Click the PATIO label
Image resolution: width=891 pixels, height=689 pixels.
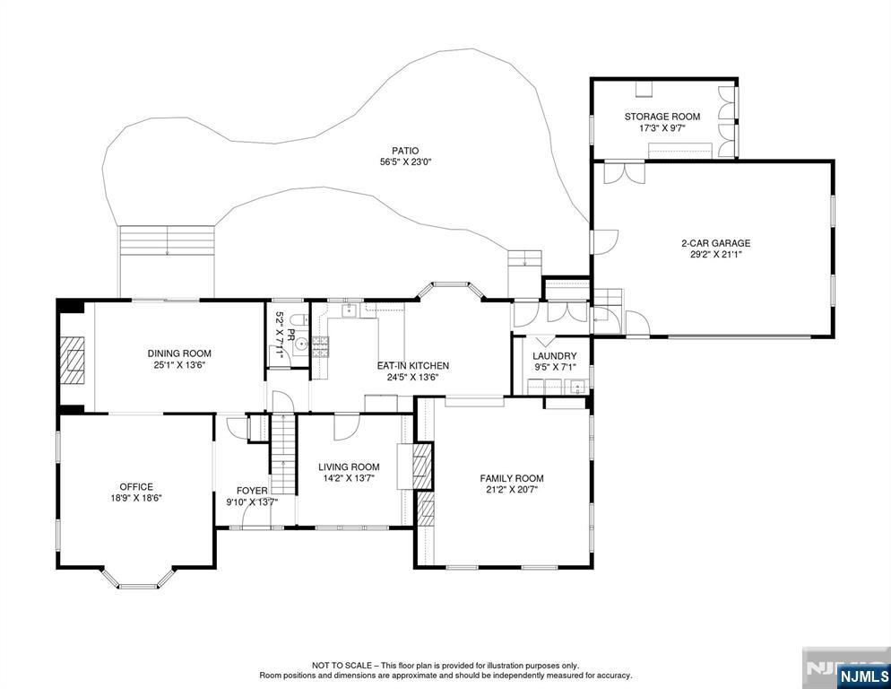[x=405, y=151]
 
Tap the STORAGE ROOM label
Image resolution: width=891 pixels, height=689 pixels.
[x=662, y=117]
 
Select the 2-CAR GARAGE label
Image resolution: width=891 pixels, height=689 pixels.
[x=716, y=243]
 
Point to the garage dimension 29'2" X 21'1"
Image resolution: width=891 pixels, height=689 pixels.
[x=716, y=254]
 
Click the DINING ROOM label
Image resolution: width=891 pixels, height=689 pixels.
[x=179, y=353]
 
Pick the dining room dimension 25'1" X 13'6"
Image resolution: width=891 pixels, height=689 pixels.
[x=179, y=365]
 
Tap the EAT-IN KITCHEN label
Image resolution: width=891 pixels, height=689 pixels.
[x=413, y=366]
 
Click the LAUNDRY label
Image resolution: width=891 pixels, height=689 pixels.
[x=555, y=356]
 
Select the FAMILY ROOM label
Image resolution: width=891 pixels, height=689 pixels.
[x=512, y=478]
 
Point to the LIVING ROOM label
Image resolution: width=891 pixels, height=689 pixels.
[x=349, y=467]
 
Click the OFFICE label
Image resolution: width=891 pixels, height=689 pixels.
[x=136, y=487]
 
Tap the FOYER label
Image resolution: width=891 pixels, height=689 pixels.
[x=252, y=491]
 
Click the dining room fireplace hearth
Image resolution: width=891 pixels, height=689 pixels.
[x=74, y=362]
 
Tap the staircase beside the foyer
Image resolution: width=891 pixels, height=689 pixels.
[x=283, y=455]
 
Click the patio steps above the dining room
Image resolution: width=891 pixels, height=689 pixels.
[x=167, y=240]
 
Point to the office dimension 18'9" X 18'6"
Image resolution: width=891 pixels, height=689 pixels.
[x=136, y=498]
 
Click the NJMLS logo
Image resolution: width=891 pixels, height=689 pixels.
[x=863, y=676]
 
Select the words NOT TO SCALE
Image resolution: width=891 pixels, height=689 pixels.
[x=342, y=665]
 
